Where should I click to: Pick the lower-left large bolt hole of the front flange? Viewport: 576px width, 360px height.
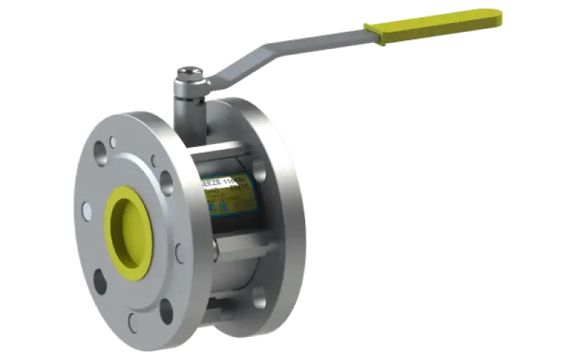tap(99, 281)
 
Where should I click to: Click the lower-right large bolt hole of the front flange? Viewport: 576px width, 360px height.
tap(166, 310)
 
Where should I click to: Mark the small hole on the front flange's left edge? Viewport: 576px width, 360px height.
tap(86, 211)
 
